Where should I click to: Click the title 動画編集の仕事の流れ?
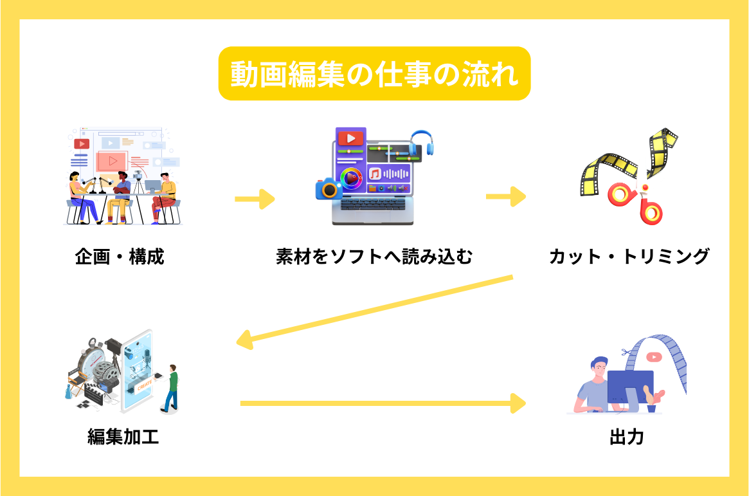coord(374,73)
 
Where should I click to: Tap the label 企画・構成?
coord(120,257)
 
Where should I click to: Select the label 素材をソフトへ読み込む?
coord(374,257)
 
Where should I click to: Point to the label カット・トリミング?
coord(629,257)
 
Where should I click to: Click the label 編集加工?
coord(123,438)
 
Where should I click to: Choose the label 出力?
coord(626,438)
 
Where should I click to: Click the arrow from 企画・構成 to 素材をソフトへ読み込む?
coord(255,199)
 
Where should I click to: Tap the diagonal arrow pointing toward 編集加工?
coord(374,309)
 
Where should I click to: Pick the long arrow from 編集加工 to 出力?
coord(383,403)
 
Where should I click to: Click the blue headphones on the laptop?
coord(422,142)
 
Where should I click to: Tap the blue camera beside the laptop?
coord(329,188)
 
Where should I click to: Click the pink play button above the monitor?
coord(654,356)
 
